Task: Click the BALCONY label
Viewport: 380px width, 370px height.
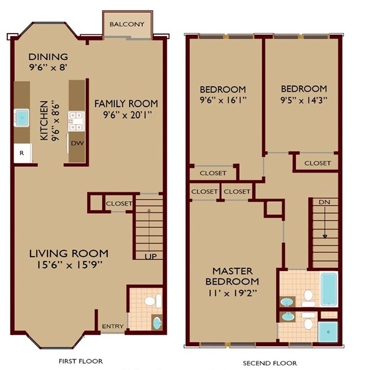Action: coord(127,24)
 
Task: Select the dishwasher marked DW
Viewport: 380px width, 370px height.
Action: coord(75,142)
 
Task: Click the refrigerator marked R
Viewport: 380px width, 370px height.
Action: coord(22,153)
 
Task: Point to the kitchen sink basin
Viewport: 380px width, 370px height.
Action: coord(22,116)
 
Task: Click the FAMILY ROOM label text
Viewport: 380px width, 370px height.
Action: coord(126,103)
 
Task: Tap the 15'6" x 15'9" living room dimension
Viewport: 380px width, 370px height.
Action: coord(68,265)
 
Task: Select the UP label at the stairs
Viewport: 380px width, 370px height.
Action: coord(150,256)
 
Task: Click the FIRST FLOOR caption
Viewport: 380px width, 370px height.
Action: coord(82,361)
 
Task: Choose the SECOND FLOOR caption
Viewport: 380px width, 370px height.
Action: coord(270,363)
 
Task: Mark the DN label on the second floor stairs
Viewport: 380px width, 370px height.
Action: coord(324,202)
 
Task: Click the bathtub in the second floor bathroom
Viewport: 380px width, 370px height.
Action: coord(328,288)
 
